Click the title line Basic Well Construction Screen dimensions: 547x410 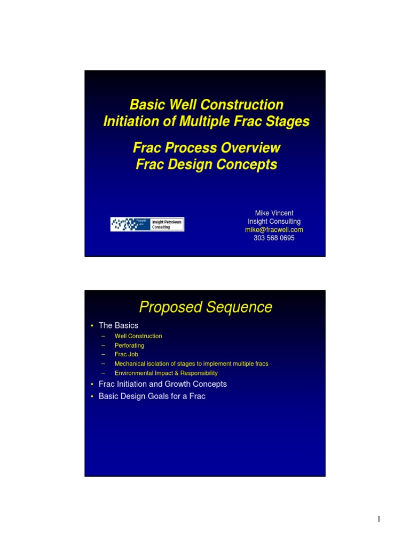[206, 105]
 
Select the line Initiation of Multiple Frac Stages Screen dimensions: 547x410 [206, 122]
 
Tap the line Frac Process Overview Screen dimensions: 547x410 [206, 147]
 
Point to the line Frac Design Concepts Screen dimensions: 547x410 [206, 165]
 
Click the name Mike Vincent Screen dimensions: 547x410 [274, 213]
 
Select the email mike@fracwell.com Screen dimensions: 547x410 [274, 230]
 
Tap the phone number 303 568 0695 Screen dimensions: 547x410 [274, 238]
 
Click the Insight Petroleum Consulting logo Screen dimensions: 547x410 [147, 224]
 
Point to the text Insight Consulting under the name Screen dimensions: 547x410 [274, 222]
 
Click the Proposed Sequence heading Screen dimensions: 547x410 [206, 308]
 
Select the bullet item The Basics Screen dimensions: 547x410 [118, 325]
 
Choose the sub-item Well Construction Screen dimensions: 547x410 [138, 336]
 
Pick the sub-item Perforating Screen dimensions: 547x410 [129, 346]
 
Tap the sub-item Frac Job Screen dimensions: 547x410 [127, 354]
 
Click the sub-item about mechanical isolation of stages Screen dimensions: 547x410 [191, 364]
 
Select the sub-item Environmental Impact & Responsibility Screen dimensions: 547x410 [166, 373]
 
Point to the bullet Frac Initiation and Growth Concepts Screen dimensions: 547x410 [162, 384]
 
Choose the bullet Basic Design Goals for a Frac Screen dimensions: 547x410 [152, 396]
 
